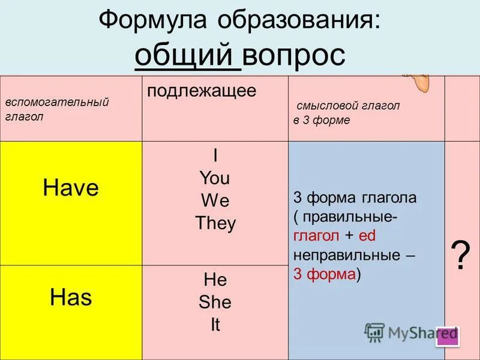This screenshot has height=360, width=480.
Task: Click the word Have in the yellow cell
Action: coord(71,188)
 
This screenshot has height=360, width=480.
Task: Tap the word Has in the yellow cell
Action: coord(71,296)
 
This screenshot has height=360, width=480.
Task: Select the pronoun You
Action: coord(215,178)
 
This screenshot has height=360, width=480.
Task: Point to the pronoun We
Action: coord(215,200)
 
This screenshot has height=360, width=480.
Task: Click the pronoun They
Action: coord(215,223)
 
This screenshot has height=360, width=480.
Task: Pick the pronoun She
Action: coord(215,302)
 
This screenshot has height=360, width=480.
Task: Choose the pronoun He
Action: coord(215,280)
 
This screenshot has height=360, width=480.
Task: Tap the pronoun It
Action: coord(215,325)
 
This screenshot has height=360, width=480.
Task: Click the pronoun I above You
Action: coord(215,156)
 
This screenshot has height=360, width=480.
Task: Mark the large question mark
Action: coord(460,257)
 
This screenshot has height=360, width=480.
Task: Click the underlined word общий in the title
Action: coord(187,56)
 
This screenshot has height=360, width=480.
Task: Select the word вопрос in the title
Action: coord(294,56)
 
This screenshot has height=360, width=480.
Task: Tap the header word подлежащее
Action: coord(202,91)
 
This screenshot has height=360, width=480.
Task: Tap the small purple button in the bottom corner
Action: coord(448,337)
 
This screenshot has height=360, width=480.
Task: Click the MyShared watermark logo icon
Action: coord(374,332)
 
